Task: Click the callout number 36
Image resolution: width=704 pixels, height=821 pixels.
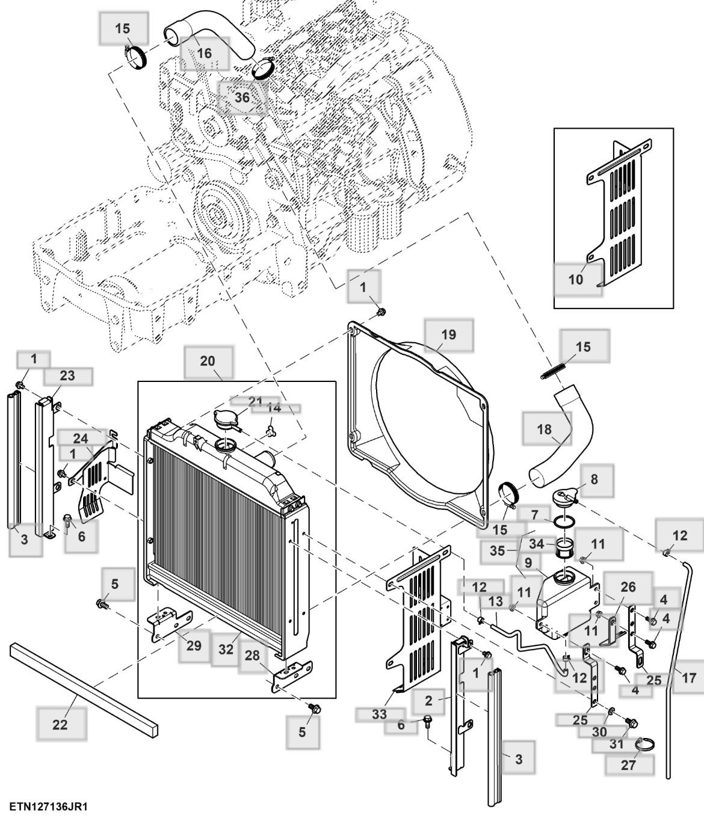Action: pos(242,97)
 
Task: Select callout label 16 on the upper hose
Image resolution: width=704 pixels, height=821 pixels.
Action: pos(205,54)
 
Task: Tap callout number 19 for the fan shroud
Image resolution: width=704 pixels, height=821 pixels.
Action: pos(449,334)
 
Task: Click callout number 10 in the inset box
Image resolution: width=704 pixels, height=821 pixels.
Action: pos(576,279)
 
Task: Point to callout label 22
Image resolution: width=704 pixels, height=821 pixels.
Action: pos(60,724)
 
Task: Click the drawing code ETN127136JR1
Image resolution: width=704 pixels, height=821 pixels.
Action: pos(48,806)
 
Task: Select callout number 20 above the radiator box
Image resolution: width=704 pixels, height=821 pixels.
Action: pos(208,361)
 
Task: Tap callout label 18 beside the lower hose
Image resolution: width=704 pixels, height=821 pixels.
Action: pos(544,429)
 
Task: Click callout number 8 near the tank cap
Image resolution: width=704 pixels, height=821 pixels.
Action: pos(594,479)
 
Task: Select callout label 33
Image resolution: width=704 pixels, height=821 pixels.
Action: pos(379,715)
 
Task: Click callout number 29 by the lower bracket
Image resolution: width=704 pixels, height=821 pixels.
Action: pos(194,646)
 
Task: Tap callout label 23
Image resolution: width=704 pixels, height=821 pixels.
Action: pos(67,376)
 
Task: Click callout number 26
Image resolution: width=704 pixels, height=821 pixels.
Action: pos(628,586)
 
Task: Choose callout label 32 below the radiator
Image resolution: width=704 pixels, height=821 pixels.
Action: pos(226,649)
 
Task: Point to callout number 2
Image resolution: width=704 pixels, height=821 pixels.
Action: pos(428,700)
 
